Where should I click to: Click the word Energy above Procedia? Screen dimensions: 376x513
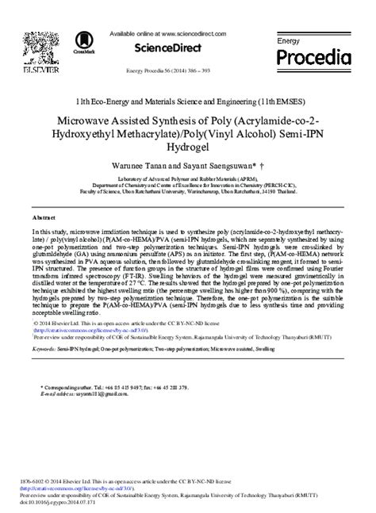click(288, 39)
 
